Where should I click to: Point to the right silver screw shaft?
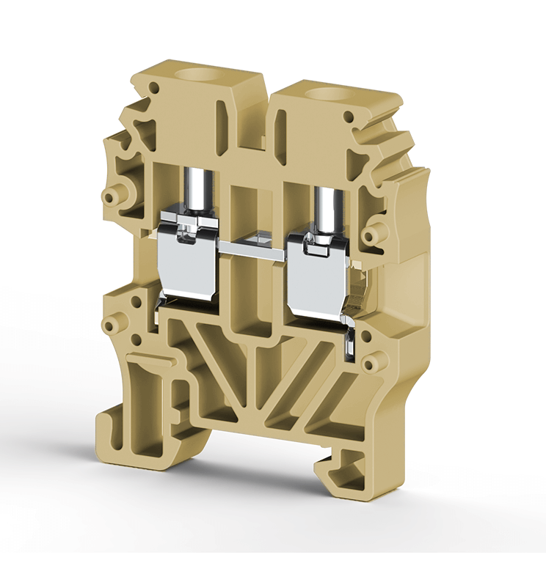tap(323, 207)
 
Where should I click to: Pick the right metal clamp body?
tap(318, 275)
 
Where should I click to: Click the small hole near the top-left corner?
tap(154, 88)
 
